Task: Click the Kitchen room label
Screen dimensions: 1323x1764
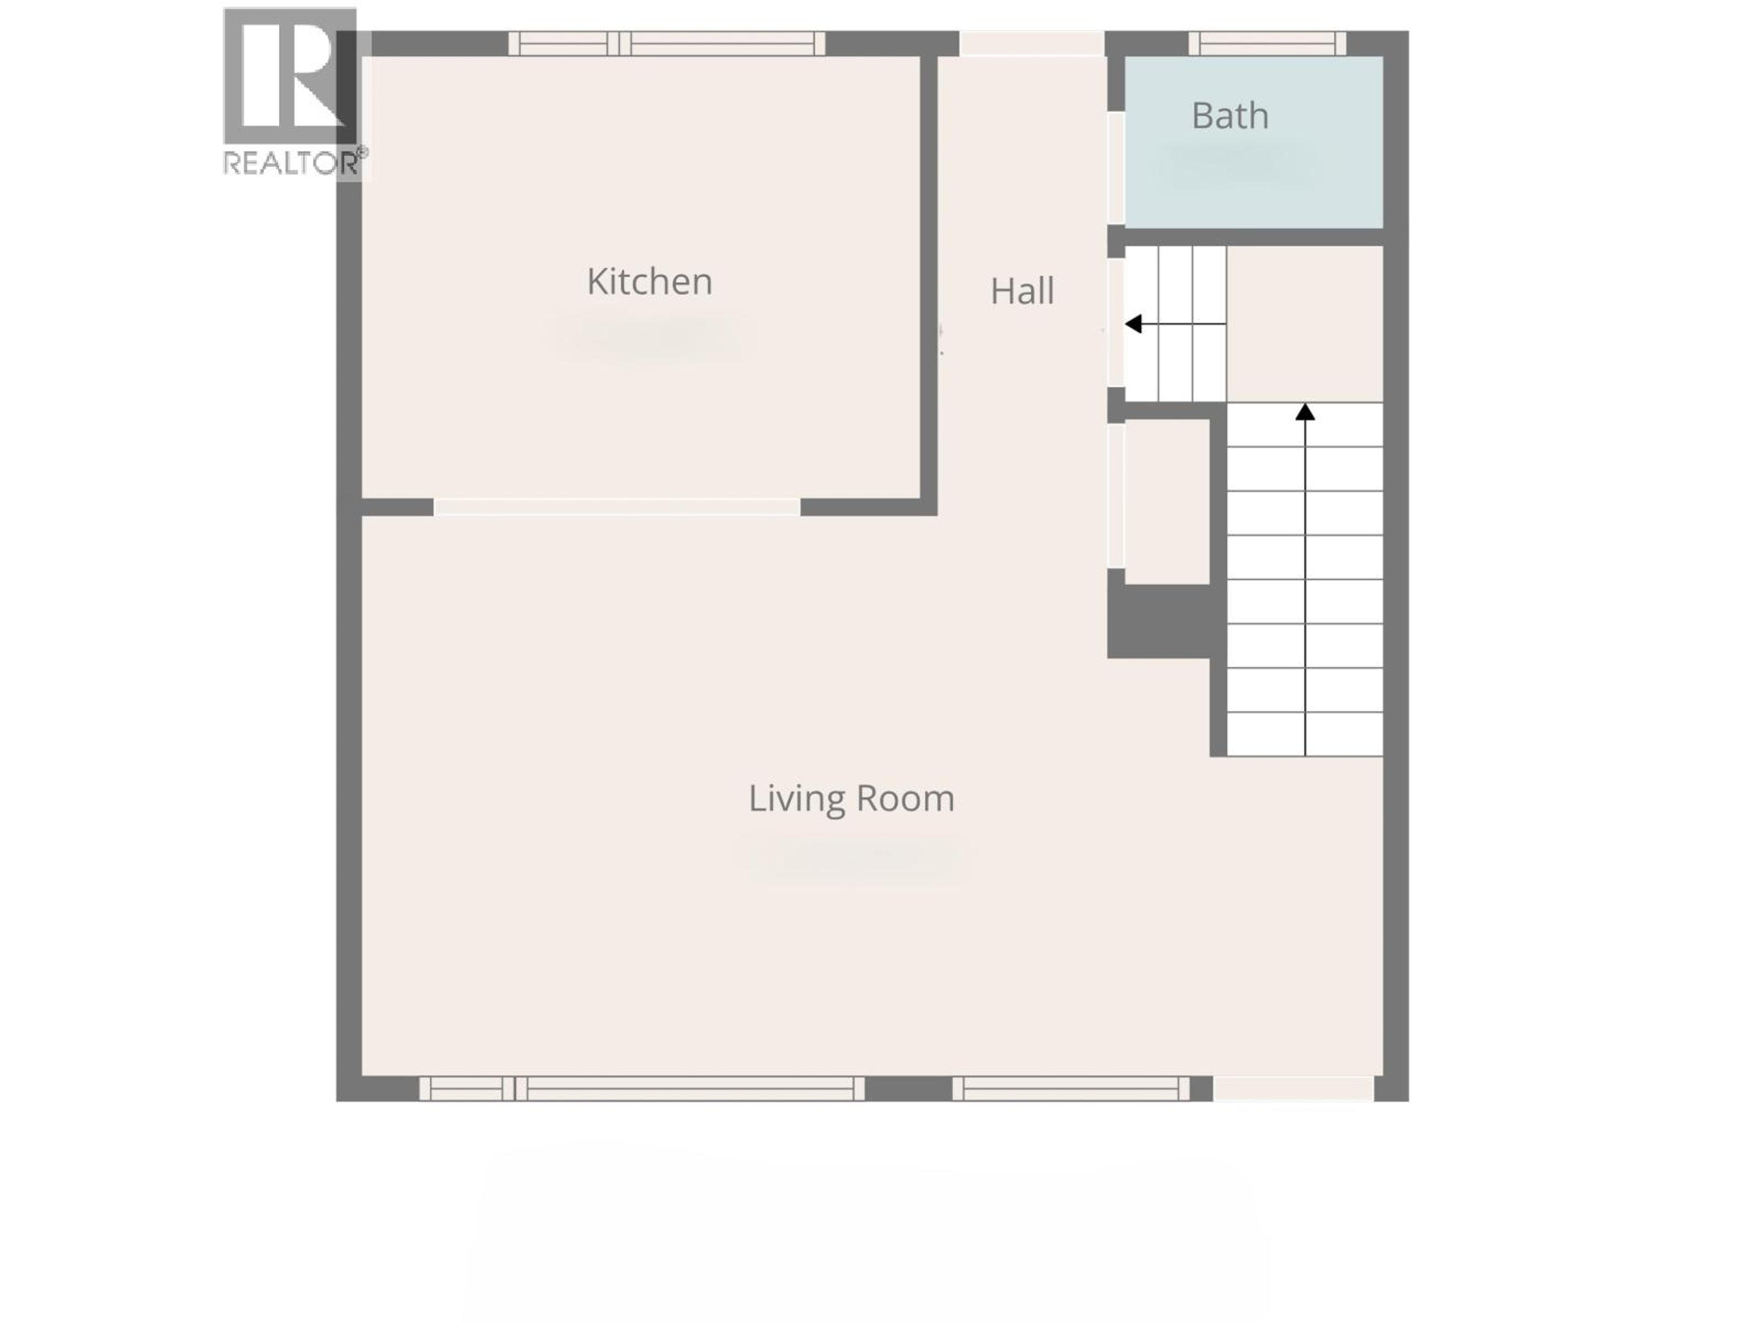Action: pos(649,282)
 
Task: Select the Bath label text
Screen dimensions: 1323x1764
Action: pos(1230,116)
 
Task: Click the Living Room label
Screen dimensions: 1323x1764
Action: pos(851,798)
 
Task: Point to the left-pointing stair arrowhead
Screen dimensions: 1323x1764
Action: pos(1133,324)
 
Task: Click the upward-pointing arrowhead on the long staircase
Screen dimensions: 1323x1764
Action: pos(1305,412)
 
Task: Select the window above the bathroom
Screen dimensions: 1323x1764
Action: pos(1266,43)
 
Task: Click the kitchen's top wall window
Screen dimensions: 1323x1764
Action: pos(667,43)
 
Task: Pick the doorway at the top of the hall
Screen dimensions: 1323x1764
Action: pos(1031,43)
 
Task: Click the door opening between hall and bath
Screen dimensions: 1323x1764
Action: pos(1116,168)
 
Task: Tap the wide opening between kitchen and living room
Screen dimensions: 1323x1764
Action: pos(616,507)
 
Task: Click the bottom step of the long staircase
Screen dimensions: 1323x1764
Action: pos(1305,734)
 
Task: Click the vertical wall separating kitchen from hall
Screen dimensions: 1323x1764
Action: pos(928,279)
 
